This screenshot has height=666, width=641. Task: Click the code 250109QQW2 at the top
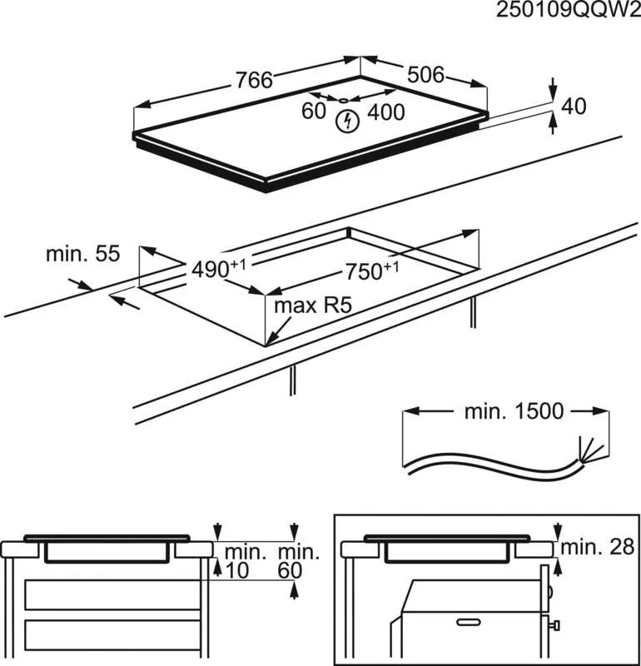pyautogui.click(x=569, y=10)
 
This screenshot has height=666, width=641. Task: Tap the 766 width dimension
pyautogui.click(x=254, y=80)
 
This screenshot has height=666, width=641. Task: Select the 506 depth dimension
pyautogui.click(x=425, y=75)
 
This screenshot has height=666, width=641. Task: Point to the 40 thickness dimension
pyautogui.click(x=574, y=107)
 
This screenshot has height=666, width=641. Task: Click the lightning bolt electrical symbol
pyautogui.click(x=347, y=122)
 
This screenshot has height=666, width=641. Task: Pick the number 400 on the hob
pyautogui.click(x=385, y=112)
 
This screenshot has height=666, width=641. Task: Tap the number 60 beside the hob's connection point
pyautogui.click(x=314, y=112)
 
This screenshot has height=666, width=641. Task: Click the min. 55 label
pyautogui.click(x=83, y=254)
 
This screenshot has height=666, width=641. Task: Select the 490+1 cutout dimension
pyautogui.click(x=218, y=268)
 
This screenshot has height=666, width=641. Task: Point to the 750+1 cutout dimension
pyautogui.click(x=371, y=271)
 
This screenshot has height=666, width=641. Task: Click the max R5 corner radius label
pyautogui.click(x=313, y=306)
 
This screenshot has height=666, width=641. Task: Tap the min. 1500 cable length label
pyautogui.click(x=514, y=411)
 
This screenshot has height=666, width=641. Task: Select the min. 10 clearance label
pyautogui.click(x=237, y=561)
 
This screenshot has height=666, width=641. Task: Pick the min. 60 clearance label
pyautogui.click(x=298, y=561)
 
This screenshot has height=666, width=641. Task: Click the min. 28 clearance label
pyautogui.click(x=597, y=548)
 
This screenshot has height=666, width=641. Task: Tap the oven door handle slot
pyautogui.click(x=469, y=622)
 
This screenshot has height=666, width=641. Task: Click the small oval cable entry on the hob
pyautogui.click(x=343, y=101)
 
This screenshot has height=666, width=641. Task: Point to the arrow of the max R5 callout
pyautogui.click(x=278, y=332)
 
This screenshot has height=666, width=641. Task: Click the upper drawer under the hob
pyautogui.click(x=112, y=594)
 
